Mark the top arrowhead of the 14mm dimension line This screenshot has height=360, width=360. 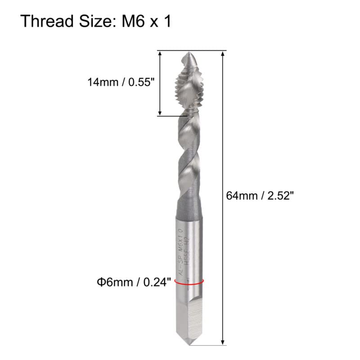click(x=160, y=54)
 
